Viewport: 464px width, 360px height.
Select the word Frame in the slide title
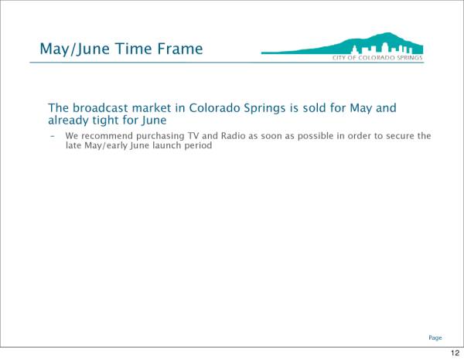tap(180, 49)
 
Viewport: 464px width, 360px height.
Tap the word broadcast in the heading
tap(101, 108)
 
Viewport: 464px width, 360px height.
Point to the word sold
tap(314, 108)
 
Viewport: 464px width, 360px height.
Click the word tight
tap(105, 121)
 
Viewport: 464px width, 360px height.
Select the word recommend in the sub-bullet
tap(107, 136)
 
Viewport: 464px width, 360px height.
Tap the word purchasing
tap(160, 136)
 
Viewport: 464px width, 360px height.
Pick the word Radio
tap(234, 136)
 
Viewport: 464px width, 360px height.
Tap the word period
tap(198, 146)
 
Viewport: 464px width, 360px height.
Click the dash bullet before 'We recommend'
tap(53, 136)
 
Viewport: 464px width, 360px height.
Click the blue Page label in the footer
tap(435, 338)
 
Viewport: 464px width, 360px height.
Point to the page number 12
tap(455, 352)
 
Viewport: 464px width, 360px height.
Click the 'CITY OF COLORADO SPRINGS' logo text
tap(377, 58)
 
